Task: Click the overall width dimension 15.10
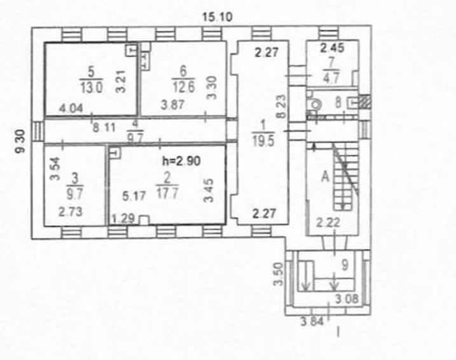[218, 17]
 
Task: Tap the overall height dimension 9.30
[21, 142]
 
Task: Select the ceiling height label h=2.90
[181, 161]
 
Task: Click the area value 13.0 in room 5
[92, 87]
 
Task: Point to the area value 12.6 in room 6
[184, 87]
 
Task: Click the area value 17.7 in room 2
[167, 193]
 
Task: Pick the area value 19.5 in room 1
[263, 141]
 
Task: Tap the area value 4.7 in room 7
[331, 78]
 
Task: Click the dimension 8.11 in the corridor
[104, 127]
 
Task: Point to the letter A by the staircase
[325, 176]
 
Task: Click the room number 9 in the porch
[345, 265]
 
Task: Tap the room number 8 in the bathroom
[338, 102]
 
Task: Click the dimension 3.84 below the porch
[312, 322]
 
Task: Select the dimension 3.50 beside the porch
[279, 274]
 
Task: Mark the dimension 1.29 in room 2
[123, 218]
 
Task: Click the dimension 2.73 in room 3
[71, 211]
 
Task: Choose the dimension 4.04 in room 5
[71, 109]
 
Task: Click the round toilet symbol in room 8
[315, 104]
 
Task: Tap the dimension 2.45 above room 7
[332, 48]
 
